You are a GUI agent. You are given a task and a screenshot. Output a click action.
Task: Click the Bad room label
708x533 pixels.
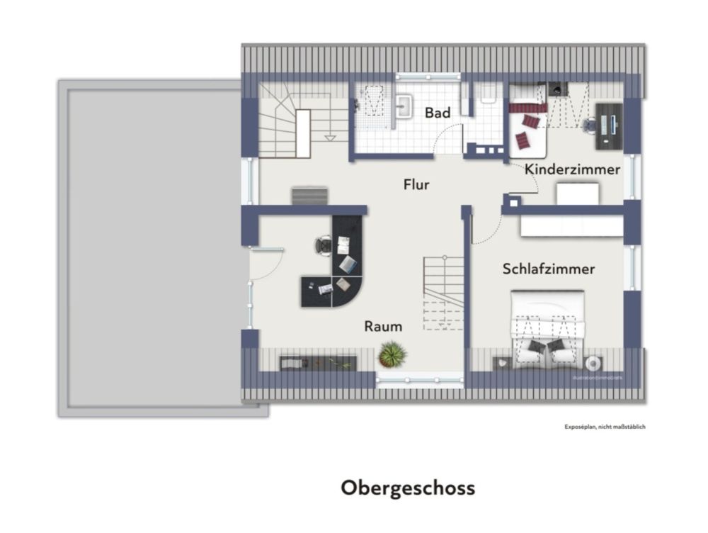coord(438,113)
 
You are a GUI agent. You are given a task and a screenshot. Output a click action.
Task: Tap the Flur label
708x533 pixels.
coord(416,185)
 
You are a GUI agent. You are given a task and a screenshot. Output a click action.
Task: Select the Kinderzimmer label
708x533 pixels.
coord(572,169)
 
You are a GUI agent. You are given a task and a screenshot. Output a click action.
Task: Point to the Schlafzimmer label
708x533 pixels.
coord(548,269)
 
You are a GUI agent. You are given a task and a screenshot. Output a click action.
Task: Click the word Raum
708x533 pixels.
coord(383,326)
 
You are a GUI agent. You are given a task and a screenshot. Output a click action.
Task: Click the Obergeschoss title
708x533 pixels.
coord(408,488)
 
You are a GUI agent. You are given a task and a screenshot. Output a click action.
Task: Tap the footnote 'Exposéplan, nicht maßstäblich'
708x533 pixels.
coord(605,427)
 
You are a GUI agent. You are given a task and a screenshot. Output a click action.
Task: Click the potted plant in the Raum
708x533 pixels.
coord(392,354)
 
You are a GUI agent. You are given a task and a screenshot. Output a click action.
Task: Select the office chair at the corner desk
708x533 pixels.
coord(323,245)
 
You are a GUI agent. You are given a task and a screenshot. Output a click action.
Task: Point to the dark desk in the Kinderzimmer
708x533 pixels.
coord(608,127)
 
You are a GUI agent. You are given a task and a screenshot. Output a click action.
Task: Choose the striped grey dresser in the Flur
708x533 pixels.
coord(309,196)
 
